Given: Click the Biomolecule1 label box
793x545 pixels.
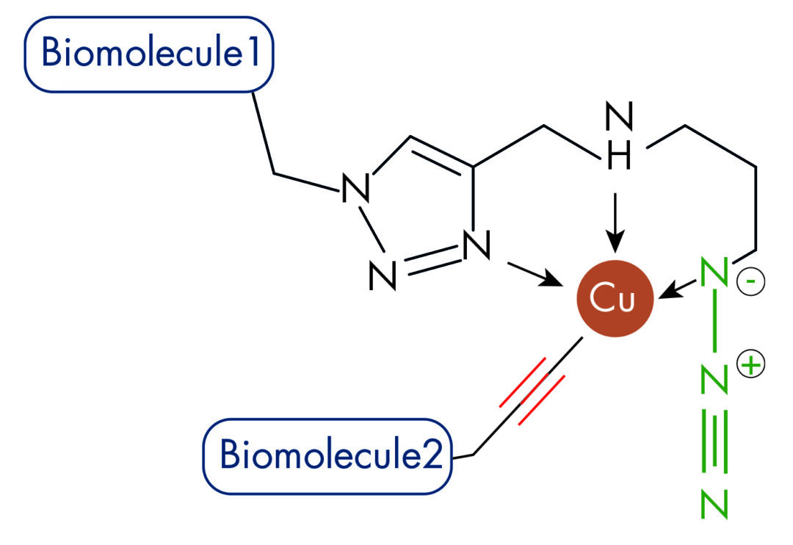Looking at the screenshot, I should (149, 54).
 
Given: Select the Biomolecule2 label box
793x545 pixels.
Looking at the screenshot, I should (327, 455).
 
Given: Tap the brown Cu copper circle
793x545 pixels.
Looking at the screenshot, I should (615, 300).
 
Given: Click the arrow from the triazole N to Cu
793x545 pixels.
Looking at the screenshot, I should (530, 271).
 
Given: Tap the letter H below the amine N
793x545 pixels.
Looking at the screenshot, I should (618, 159).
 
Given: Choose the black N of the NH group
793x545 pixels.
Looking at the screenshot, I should (618, 118).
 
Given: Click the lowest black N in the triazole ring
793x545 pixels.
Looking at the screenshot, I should (383, 275).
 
